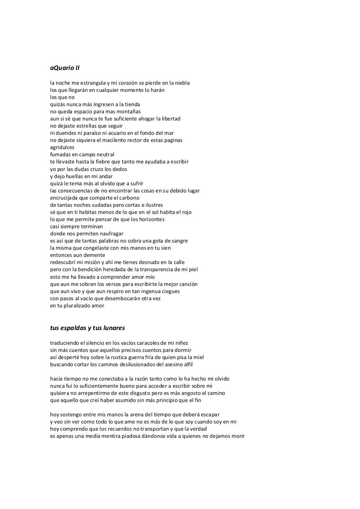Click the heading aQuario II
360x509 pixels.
click(65, 68)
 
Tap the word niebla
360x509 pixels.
click(181, 83)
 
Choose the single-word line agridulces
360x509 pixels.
click(62, 148)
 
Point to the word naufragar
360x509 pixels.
click(110, 234)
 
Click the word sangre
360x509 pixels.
click(179, 241)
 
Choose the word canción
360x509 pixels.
click(187, 284)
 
